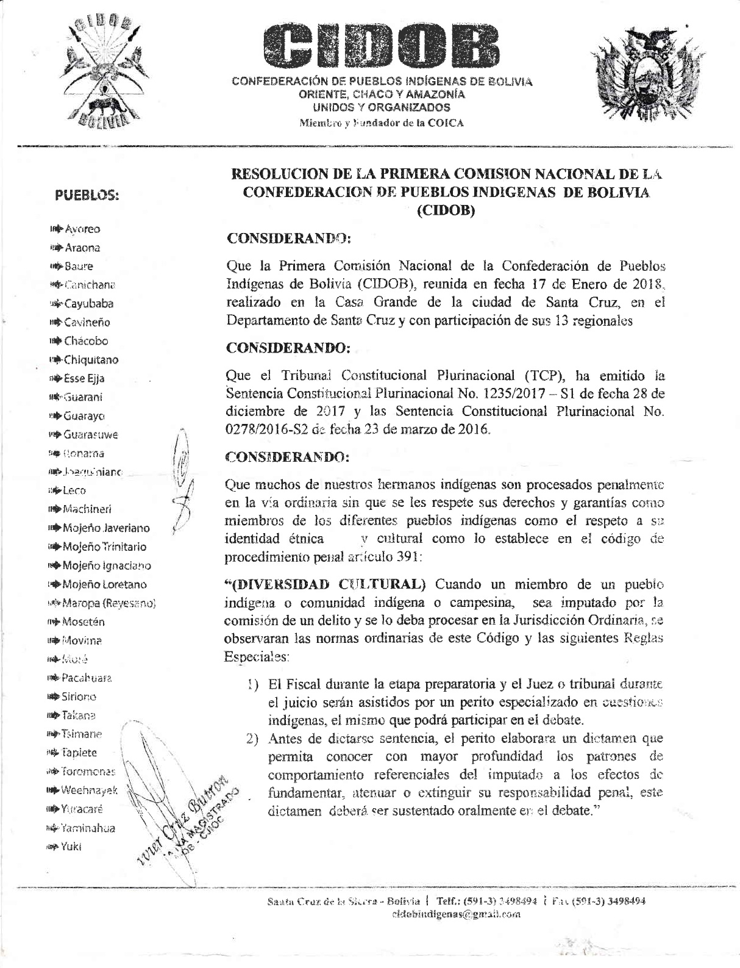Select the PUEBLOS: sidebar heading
pyautogui.click(x=87, y=196)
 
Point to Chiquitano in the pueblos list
pyautogui.click(x=91, y=360)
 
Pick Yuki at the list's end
pyautogui.click(x=71, y=846)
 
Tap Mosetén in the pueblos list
pyautogui.click(x=84, y=622)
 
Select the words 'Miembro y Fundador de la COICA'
pyautogui.click(x=381, y=123)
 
